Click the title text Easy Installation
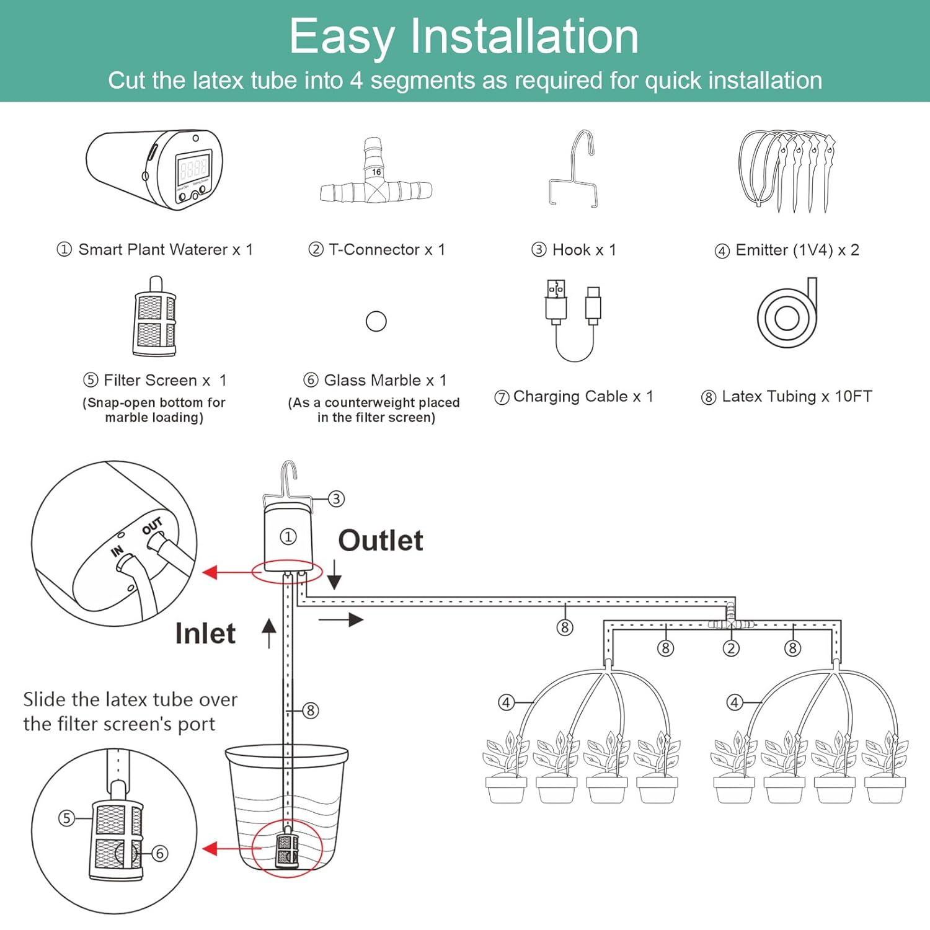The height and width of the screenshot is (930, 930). click(x=464, y=37)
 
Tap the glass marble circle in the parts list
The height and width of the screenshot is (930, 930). click(x=376, y=321)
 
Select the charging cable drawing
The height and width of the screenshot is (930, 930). click(x=573, y=321)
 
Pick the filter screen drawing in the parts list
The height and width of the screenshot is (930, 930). click(x=154, y=317)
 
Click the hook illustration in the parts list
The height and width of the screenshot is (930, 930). click(x=573, y=168)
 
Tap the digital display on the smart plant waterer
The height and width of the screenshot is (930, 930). click(x=193, y=168)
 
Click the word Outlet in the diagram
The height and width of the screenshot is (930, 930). click(x=381, y=541)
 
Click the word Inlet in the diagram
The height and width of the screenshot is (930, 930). click(x=205, y=634)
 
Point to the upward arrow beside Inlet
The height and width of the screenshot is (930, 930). click(x=268, y=633)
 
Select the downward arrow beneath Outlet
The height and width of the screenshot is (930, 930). click(x=335, y=575)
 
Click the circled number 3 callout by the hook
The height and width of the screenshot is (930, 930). click(x=336, y=498)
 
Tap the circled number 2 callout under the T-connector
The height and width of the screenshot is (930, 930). click(x=731, y=649)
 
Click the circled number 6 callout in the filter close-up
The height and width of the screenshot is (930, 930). click(x=159, y=854)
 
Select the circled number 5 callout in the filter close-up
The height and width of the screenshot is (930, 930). click(x=66, y=818)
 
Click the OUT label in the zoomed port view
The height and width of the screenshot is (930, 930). click(x=152, y=526)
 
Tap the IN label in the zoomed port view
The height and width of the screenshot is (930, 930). click(x=117, y=551)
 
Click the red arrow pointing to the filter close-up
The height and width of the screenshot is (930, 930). click(x=228, y=849)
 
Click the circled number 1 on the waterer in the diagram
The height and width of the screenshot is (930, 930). click(x=288, y=536)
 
